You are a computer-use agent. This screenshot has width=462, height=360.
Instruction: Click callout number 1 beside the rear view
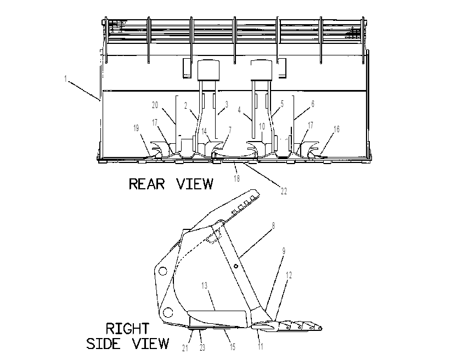click(65, 79)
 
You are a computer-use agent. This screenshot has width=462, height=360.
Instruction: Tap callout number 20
click(155, 105)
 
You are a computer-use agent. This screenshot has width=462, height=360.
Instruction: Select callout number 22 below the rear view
click(284, 191)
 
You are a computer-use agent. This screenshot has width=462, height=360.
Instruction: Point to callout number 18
click(236, 178)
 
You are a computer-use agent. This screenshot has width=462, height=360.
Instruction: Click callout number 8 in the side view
click(273, 226)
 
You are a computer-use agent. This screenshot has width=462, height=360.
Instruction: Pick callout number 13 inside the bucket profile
click(205, 285)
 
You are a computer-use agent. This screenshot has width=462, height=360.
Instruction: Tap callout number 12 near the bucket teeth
click(289, 275)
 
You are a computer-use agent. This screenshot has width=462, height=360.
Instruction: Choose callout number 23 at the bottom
click(202, 347)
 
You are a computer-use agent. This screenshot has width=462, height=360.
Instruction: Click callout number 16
click(336, 129)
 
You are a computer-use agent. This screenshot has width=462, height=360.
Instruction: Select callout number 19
click(136, 128)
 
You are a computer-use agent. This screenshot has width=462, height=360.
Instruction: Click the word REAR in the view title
click(147, 184)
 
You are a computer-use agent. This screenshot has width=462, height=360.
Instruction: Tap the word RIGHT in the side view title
click(128, 329)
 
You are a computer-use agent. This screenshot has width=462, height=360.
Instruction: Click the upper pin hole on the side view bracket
click(162, 271)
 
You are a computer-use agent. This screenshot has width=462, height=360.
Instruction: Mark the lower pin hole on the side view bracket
click(168, 312)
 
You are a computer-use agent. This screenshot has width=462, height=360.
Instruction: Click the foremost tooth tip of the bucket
click(322, 328)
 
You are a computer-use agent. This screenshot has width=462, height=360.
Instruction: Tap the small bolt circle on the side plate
click(236, 266)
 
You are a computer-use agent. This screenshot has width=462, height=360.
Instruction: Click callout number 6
click(313, 104)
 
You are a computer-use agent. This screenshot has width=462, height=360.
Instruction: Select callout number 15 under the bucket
click(233, 347)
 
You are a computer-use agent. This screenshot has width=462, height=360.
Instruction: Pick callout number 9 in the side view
click(284, 251)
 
